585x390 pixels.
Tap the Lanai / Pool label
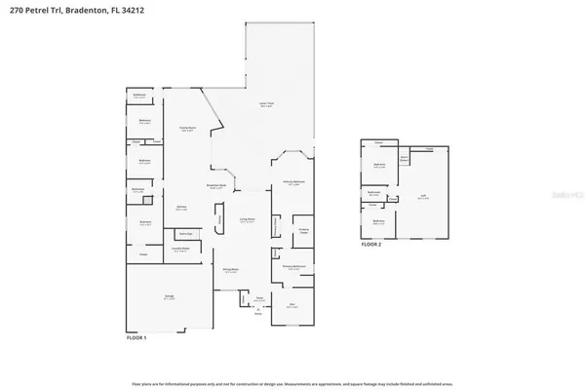(265, 105)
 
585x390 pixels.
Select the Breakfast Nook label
(217, 186)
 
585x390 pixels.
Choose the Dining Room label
(230, 271)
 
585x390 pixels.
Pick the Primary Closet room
(303, 231)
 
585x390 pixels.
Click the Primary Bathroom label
(296, 266)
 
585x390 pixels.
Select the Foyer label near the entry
(259, 300)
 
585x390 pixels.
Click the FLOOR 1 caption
(136, 336)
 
